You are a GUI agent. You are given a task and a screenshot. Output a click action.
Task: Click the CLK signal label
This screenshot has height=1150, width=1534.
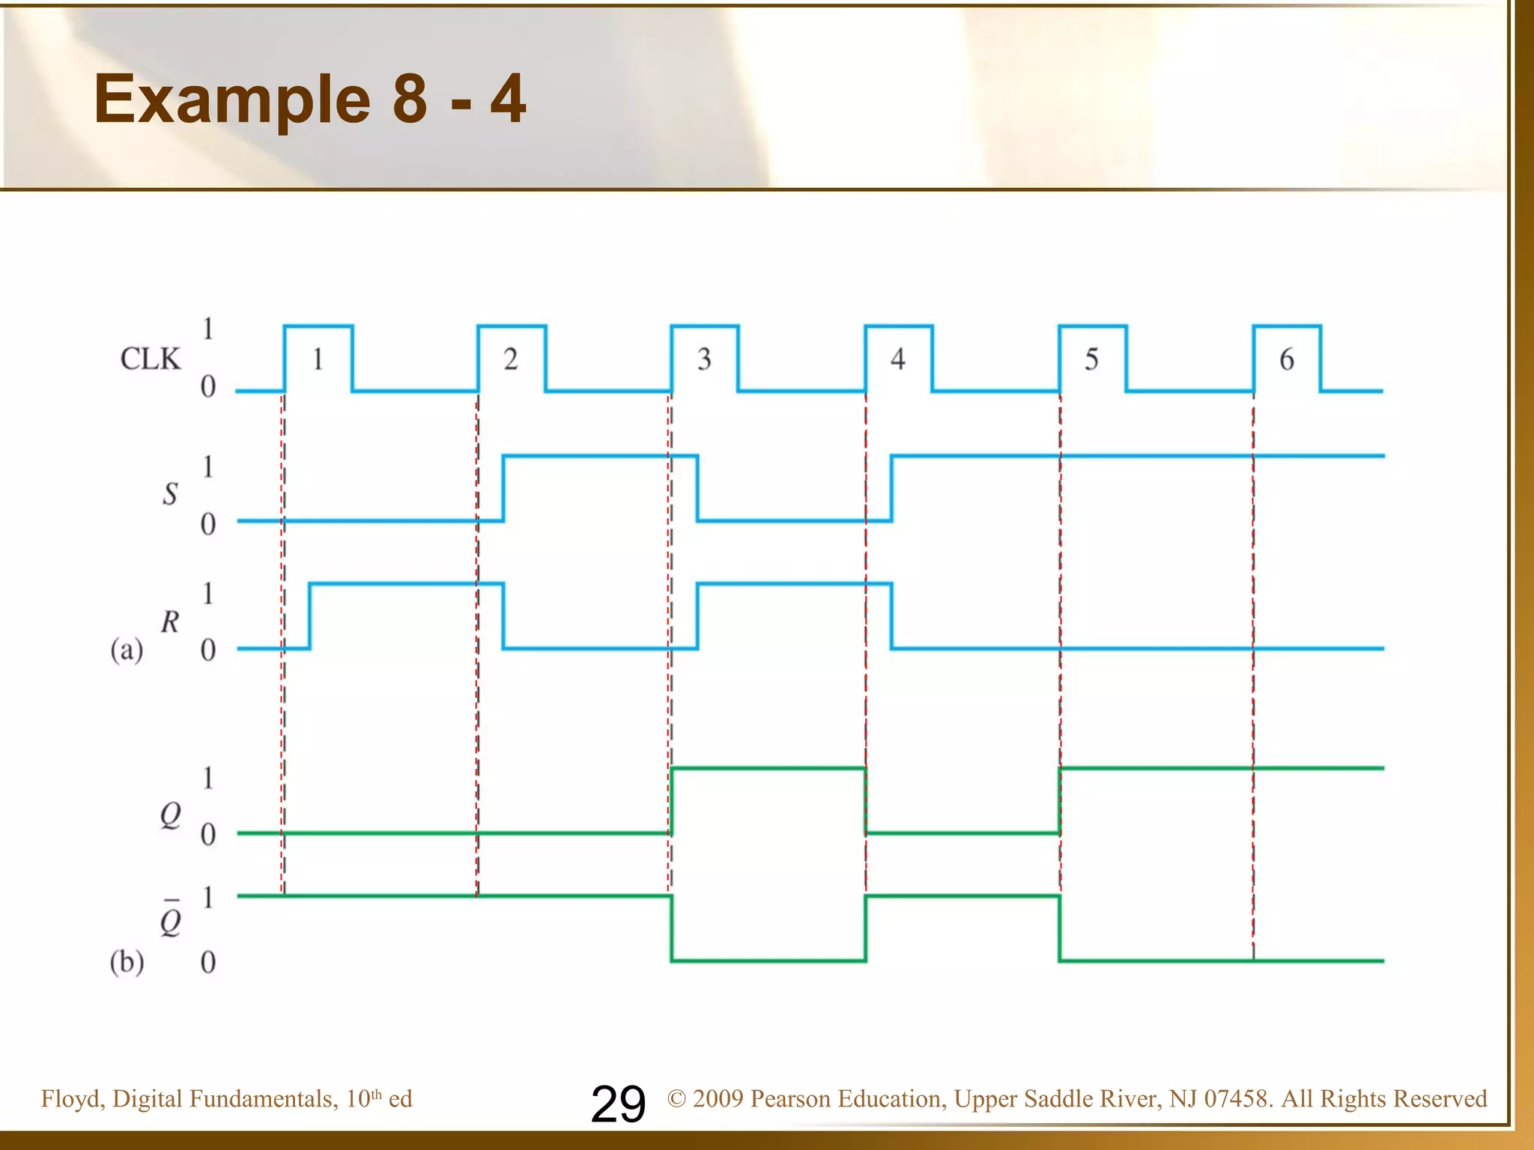click(x=150, y=359)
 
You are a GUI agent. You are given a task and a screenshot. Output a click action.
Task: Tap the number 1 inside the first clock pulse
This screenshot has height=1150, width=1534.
click(x=318, y=359)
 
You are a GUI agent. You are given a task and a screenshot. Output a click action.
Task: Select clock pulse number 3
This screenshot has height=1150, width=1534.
click(x=704, y=359)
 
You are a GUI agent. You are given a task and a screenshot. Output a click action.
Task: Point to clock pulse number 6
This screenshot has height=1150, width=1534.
click(x=1286, y=359)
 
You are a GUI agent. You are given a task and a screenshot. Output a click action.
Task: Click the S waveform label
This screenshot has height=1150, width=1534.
click(x=170, y=493)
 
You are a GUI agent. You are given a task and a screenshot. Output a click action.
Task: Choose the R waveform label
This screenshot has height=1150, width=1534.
click(x=170, y=621)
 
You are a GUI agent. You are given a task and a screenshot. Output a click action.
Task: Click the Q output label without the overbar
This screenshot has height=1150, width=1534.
click(x=171, y=815)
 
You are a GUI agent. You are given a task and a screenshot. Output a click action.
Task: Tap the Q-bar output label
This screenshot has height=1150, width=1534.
click(x=171, y=921)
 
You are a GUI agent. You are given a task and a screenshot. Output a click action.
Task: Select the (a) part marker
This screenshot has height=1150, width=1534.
click(x=127, y=650)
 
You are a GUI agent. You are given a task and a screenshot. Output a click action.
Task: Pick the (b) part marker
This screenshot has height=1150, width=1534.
click(x=127, y=961)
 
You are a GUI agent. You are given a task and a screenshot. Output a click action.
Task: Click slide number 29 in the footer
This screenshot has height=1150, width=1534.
click(x=618, y=1104)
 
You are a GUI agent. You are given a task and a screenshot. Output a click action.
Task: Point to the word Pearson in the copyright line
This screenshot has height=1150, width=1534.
click(x=791, y=1098)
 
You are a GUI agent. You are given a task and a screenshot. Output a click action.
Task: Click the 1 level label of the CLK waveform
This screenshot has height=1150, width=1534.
click(x=208, y=329)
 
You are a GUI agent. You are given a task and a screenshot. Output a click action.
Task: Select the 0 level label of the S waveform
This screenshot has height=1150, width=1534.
click(x=208, y=524)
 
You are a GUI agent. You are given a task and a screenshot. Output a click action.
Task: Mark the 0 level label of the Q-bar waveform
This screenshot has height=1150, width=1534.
click(x=208, y=962)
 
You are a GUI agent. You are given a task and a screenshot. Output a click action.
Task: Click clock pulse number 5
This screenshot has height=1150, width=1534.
click(x=1091, y=359)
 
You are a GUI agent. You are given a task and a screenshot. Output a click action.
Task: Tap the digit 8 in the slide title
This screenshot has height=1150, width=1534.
click(x=410, y=99)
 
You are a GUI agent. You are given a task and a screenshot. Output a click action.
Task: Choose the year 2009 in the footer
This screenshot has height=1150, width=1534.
click(x=718, y=1098)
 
